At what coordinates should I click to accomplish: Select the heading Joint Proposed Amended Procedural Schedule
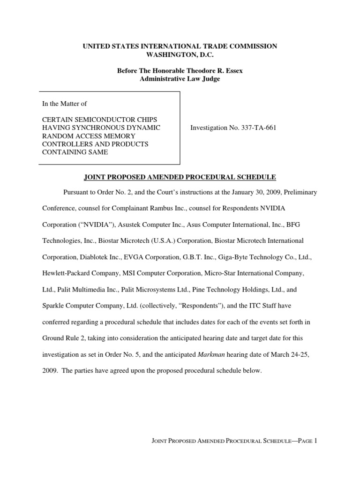pyautogui.click(x=180, y=177)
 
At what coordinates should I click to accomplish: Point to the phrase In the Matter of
pyautogui.click(x=65, y=104)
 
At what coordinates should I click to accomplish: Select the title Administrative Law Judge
pyautogui.click(x=180, y=79)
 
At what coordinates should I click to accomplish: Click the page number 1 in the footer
pyautogui.click(x=316, y=441)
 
